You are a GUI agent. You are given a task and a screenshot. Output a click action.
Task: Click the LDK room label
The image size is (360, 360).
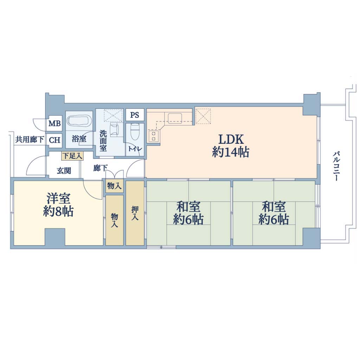tap(231, 146)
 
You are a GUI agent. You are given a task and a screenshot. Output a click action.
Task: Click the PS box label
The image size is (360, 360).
tap(135, 115)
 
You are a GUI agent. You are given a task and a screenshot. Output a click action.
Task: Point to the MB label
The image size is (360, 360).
tap(54, 123)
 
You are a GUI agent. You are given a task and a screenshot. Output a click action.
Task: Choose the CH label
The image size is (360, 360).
tap(54, 140)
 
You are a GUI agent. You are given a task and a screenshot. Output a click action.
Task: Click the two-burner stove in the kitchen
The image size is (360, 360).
tap(154, 136)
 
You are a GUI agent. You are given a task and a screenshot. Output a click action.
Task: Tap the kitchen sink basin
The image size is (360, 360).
tap(175, 118)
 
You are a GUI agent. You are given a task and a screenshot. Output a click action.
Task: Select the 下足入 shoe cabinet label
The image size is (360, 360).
tap(72, 156)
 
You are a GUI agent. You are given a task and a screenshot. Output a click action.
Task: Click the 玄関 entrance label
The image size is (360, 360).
tap(64, 171)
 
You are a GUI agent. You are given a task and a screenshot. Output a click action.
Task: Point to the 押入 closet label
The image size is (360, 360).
tap(135, 213)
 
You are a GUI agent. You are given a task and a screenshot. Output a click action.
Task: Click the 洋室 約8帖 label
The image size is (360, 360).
tap(58, 205)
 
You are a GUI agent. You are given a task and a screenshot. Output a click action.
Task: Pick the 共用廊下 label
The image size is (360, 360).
tap(30, 140)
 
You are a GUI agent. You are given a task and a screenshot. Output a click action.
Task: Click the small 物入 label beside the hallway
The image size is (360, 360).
tap(114, 186)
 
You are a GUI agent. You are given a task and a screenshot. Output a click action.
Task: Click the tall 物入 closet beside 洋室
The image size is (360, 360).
tap(115, 220)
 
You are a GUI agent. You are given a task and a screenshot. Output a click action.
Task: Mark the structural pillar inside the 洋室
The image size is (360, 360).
tap(54, 237)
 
